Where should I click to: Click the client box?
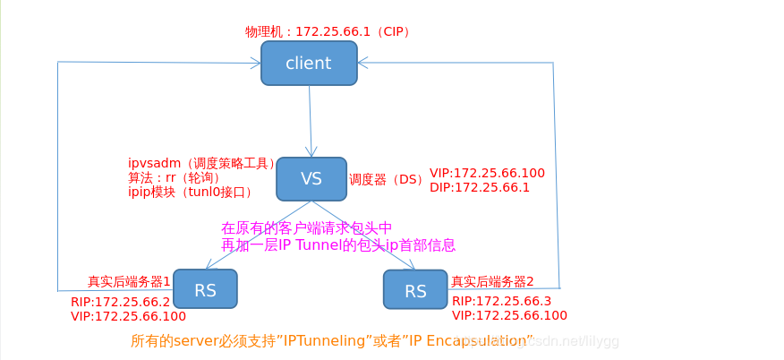(x=309, y=64)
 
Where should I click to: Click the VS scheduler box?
(x=311, y=179)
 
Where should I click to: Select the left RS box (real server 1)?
(x=205, y=288)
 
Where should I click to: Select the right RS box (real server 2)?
(x=415, y=290)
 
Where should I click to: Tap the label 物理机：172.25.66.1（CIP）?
(x=328, y=31)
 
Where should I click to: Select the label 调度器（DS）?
(x=386, y=179)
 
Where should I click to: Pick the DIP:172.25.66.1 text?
(x=480, y=187)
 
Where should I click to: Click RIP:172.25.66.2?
(x=120, y=302)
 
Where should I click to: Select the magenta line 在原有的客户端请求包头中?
(x=307, y=228)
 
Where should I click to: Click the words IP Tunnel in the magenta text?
(x=314, y=244)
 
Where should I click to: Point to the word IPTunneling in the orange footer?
(x=325, y=340)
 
